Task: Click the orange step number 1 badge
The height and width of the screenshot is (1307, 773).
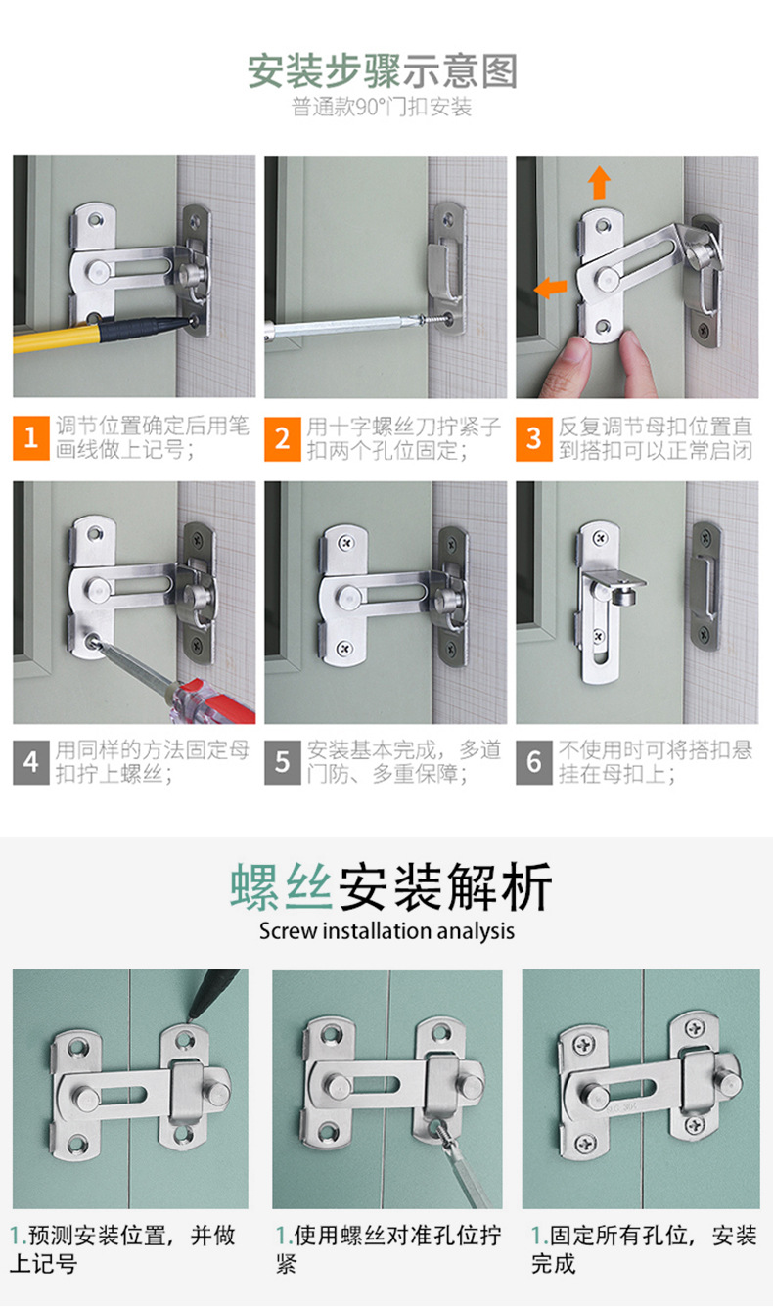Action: pos(31,438)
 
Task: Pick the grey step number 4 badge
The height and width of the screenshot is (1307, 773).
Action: pos(31,763)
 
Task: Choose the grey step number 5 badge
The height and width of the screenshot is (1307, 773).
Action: pos(283,763)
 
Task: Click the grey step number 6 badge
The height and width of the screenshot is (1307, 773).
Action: pos(534,763)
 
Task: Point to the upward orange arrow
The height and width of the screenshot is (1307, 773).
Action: pos(599,182)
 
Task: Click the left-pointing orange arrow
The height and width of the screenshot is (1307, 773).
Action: pos(550,287)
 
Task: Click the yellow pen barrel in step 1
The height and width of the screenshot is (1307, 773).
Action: pos(56,338)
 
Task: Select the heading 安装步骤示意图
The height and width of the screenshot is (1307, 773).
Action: pos(383,71)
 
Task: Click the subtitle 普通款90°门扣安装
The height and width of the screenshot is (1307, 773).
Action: pos(382,108)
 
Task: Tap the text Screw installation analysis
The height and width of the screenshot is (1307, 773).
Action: pos(386,931)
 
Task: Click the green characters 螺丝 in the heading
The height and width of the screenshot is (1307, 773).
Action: pos(282,886)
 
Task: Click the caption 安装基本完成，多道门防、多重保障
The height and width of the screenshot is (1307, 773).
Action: pos(404,762)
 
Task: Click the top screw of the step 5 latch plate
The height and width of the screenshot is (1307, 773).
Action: pos(347,544)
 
